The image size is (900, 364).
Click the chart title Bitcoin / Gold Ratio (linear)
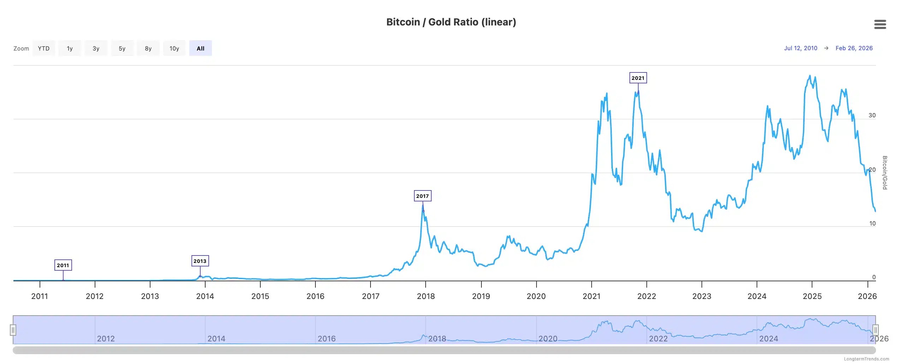(x=451, y=22)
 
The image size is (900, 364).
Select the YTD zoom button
(x=44, y=48)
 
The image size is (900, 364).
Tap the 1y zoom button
(x=70, y=48)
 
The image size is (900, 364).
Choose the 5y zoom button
(x=122, y=48)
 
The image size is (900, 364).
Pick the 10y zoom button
(x=174, y=48)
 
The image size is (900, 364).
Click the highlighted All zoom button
(x=200, y=48)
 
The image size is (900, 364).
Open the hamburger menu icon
(x=880, y=24)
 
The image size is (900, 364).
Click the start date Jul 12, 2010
(x=800, y=48)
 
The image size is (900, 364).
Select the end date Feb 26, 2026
(x=854, y=48)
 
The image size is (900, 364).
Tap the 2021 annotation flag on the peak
(x=638, y=78)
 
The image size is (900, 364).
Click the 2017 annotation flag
(x=422, y=196)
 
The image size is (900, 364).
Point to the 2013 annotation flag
(x=200, y=261)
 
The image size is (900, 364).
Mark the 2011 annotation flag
(x=63, y=265)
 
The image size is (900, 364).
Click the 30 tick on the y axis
(x=872, y=115)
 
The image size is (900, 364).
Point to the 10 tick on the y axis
(x=872, y=223)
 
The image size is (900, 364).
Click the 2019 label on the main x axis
(x=481, y=296)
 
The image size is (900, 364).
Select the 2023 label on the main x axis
(x=701, y=296)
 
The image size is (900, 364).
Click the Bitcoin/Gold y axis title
(x=885, y=172)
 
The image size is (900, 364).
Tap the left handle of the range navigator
(x=13, y=330)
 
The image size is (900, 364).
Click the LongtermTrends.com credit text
(x=866, y=359)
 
